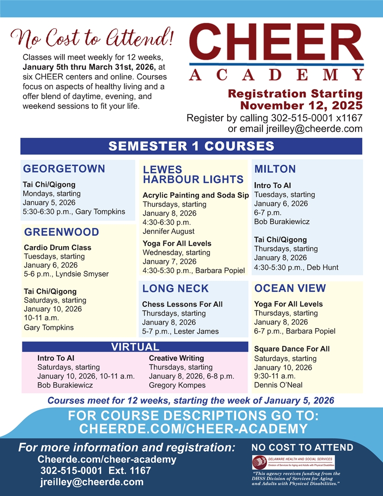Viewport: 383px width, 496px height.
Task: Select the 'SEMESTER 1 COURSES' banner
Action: click(191, 146)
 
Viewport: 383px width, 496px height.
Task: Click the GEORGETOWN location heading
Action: click(64, 169)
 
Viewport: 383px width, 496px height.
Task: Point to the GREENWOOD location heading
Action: click(62, 232)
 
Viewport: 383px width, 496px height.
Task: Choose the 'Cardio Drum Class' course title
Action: click(57, 248)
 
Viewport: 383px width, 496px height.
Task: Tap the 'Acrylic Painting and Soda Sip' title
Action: click(195, 195)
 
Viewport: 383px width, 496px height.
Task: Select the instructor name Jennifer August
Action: click(168, 231)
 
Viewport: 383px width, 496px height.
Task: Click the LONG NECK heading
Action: click(175, 289)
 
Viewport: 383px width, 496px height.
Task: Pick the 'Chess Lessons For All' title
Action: click(182, 304)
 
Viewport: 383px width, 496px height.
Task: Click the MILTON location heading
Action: click(275, 169)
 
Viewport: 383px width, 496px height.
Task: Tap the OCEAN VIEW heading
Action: click(290, 289)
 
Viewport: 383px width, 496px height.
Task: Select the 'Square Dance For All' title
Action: click(292, 349)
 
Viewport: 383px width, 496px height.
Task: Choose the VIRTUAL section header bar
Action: click(135, 347)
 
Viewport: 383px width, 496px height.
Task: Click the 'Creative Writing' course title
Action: click(176, 358)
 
